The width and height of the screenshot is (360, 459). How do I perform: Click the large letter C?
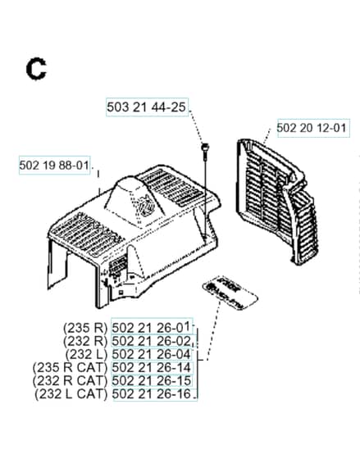point(36,69)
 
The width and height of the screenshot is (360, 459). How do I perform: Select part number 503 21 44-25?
point(146,107)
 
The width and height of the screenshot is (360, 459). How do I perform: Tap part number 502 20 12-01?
point(311,128)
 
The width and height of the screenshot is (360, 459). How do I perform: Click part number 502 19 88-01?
point(54,165)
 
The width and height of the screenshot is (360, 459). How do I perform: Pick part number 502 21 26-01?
point(151,327)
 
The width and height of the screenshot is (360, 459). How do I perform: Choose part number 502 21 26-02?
point(151,341)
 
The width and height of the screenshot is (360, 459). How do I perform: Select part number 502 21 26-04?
point(151,354)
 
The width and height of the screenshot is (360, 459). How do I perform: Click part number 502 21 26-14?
point(151,367)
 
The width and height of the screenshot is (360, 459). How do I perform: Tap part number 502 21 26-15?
point(151,381)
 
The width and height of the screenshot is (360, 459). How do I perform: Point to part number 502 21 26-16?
point(151,394)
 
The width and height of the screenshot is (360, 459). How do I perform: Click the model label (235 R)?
point(85,328)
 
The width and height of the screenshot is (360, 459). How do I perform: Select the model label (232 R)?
point(85,341)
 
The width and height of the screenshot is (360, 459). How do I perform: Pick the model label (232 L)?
point(86,354)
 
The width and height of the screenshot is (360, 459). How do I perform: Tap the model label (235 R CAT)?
point(71,368)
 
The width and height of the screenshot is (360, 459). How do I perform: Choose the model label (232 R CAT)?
point(71,381)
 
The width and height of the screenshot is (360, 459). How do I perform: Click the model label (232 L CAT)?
point(71,394)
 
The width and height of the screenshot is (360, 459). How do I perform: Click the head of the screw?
point(205,146)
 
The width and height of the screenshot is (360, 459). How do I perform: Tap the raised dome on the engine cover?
point(134,202)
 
